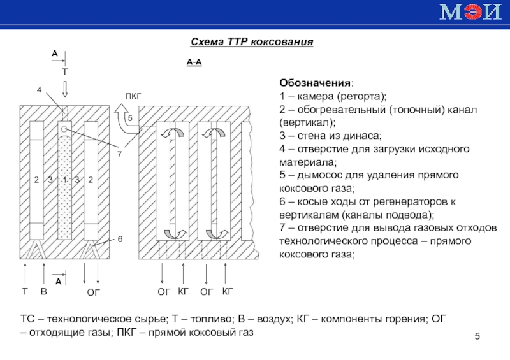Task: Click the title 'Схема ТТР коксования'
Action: (x=252, y=43)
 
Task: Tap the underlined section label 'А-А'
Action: (x=194, y=62)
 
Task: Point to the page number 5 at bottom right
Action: (x=478, y=336)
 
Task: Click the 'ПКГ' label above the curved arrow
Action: (x=133, y=96)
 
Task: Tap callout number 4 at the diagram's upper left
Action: (x=40, y=91)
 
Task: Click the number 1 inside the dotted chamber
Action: (x=64, y=180)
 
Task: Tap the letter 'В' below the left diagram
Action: (x=43, y=292)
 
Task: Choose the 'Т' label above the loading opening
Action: (x=64, y=73)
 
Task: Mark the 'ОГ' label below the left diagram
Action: (x=94, y=292)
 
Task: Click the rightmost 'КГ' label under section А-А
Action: (x=228, y=292)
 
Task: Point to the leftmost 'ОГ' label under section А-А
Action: (x=164, y=292)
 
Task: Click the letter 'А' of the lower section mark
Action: (x=58, y=281)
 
